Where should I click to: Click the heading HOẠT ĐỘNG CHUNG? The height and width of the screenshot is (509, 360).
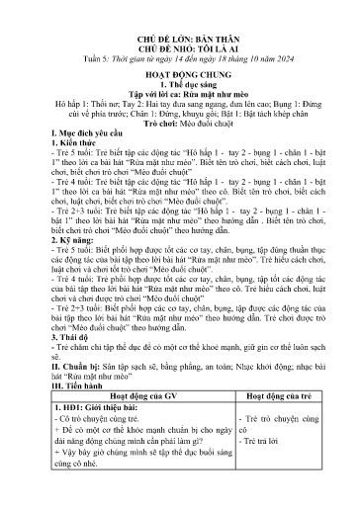pos(179,61)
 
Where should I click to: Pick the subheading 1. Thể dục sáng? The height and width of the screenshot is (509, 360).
pos(179,73)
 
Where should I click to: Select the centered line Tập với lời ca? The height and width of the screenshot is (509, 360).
pos(179,84)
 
